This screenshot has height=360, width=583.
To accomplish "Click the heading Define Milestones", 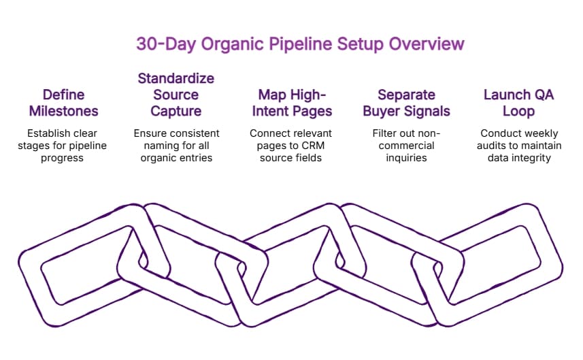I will click(x=65, y=103).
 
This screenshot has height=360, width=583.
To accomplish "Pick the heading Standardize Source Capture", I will click(x=176, y=95).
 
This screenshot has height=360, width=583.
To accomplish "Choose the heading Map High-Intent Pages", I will click(x=291, y=103).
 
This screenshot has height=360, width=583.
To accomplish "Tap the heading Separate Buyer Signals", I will click(x=407, y=103).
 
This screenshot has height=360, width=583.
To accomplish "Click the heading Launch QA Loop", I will click(x=520, y=103).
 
